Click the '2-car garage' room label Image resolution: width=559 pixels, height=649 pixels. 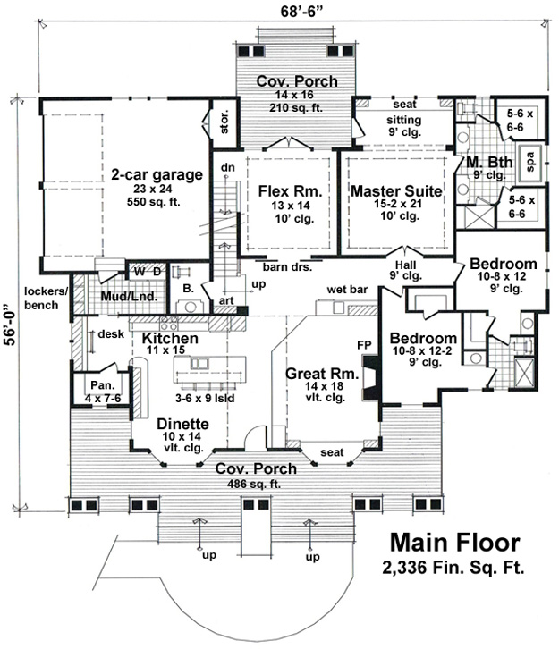pyautogui.click(x=157, y=174)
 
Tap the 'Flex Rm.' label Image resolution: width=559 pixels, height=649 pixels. pyautogui.click(x=291, y=191)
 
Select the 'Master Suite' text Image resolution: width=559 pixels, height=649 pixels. pyautogui.click(x=396, y=191)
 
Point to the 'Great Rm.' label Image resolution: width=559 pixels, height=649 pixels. pyautogui.click(x=322, y=374)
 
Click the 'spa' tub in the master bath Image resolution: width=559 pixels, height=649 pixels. pyautogui.click(x=529, y=163)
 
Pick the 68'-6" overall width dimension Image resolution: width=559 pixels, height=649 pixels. pyautogui.click(x=301, y=12)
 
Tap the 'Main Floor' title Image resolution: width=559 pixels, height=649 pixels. pyautogui.click(x=455, y=543)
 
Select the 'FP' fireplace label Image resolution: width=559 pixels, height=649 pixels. pyautogui.click(x=364, y=345)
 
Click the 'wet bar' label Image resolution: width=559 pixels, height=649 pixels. pyautogui.click(x=347, y=290)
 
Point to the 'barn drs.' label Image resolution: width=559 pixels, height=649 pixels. pyautogui.click(x=287, y=267)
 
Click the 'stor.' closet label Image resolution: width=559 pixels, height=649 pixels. pyautogui.click(x=224, y=122)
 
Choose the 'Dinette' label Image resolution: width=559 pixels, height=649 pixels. pyautogui.click(x=182, y=424)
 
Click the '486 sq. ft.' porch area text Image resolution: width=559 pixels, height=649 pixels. pyautogui.click(x=254, y=484)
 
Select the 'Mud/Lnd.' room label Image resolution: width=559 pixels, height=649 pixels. pyautogui.click(x=129, y=297)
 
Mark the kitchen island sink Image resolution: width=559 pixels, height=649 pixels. pyautogui.click(x=199, y=363)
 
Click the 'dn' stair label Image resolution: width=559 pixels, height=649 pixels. pyautogui.click(x=228, y=167)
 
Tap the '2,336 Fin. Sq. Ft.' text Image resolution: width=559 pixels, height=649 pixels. pyautogui.click(x=453, y=568)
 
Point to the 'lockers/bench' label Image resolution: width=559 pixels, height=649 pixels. pyautogui.click(x=46, y=298)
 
